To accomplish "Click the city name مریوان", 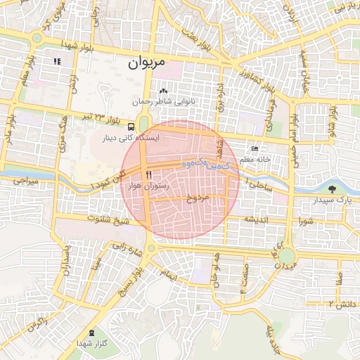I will [147, 62].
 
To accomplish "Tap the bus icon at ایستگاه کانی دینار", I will [131, 127].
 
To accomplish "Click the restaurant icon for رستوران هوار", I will [148, 174].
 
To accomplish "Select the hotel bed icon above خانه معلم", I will [255, 150].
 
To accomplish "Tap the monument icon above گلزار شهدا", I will [91, 332].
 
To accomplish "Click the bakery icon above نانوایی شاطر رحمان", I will [163, 91].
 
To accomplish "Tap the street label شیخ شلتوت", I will [108, 221].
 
